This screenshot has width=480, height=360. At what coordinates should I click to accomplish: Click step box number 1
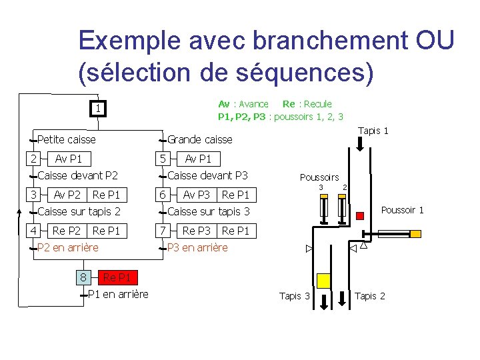97,109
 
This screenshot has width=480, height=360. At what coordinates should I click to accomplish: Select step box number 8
83,277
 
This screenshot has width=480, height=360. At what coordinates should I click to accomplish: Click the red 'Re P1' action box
117,277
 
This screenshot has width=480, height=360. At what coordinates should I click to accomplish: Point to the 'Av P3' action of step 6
196,195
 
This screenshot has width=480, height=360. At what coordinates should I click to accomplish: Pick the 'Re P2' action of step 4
67,231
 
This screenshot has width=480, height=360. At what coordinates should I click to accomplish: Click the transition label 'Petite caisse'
67,139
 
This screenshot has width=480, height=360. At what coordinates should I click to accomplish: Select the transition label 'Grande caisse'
199,139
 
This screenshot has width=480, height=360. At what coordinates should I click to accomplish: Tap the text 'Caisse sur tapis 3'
208,212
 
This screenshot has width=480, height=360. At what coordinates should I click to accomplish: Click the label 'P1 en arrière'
118,295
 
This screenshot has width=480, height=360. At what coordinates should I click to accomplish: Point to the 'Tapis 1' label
373,131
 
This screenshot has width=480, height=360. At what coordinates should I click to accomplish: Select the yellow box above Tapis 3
323,281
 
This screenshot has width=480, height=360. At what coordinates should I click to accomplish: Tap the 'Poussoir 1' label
402,210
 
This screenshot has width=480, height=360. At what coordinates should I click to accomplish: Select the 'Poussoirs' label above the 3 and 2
319,177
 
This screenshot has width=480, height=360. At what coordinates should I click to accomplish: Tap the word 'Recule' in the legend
317,104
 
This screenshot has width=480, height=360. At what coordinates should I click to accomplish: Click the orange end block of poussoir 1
415,234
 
